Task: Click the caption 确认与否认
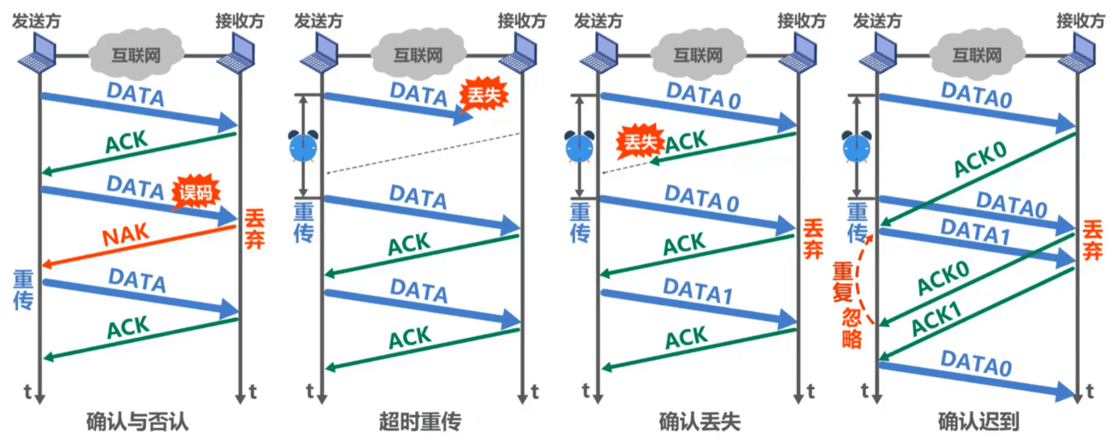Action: [138, 421]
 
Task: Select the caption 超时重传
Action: [420, 421]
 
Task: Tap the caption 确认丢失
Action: [699, 421]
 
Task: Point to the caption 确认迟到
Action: [978, 421]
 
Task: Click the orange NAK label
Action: [126, 234]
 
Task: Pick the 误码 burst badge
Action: [196, 192]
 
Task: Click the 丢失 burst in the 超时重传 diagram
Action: [483, 94]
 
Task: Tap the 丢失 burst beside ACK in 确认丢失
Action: [641, 142]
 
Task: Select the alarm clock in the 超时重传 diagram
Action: [303, 146]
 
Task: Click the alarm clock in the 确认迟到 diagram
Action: [857, 147]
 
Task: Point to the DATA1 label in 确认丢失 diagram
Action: [698, 292]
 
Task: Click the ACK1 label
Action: [936, 319]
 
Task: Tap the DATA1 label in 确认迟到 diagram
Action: [975, 233]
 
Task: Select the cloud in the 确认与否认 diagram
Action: [136, 54]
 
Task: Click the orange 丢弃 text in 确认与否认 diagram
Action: [254, 229]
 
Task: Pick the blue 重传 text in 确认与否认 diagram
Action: [23, 290]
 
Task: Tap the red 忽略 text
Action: [852, 327]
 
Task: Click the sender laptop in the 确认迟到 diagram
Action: [877, 54]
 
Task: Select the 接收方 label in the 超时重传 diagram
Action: [522, 21]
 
